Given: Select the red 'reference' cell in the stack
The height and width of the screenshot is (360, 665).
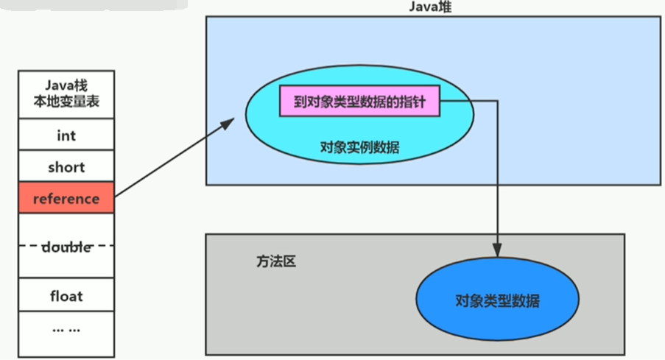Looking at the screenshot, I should [x=66, y=199].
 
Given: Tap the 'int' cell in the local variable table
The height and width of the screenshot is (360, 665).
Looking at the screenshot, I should [x=66, y=135].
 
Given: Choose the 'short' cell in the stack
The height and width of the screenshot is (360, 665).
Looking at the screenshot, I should [x=66, y=167].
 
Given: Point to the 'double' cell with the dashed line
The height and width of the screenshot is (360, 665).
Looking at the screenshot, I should [x=66, y=247].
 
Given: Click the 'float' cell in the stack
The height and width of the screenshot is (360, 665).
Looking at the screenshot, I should [x=66, y=296].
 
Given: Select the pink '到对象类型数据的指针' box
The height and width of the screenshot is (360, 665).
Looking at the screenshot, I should [x=359, y=103].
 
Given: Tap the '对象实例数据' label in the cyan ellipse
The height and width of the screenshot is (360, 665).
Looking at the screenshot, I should [x=359, y=147].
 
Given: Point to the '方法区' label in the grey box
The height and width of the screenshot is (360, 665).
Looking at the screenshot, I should [x=277, y=261].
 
